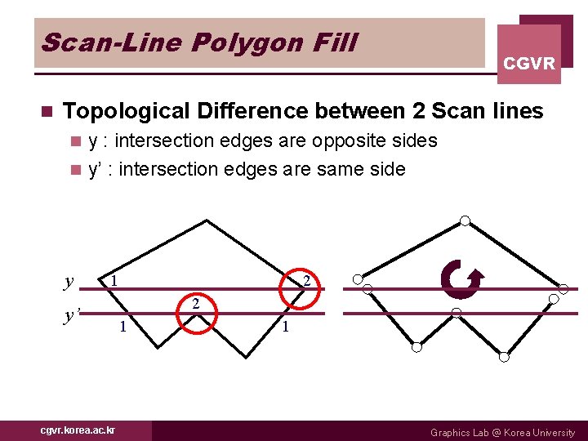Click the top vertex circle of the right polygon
[465, 220]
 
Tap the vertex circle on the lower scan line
[457, 314]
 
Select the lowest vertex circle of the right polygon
[504, 357]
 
